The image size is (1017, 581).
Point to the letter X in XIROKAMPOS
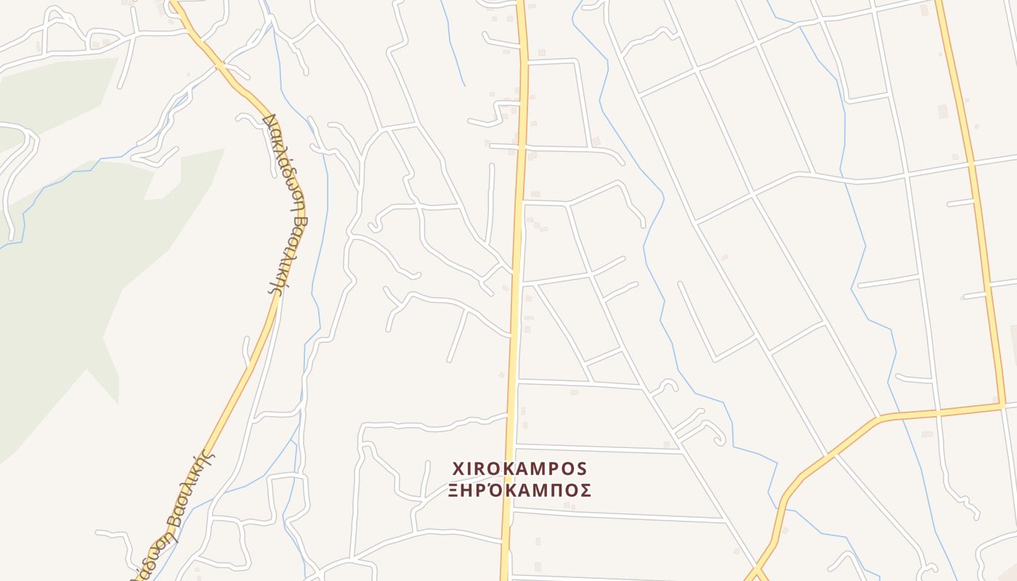[x=458, y=468]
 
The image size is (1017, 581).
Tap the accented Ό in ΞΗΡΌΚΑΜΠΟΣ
[x=496, y=489]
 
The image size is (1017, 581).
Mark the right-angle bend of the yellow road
[x=1003, y=405]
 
